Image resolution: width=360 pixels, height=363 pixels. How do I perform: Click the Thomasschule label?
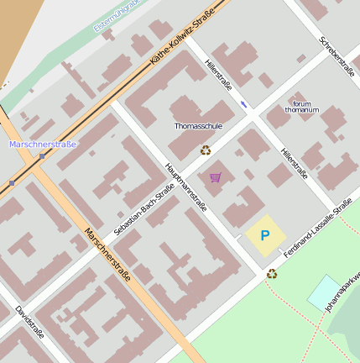coord(198,126)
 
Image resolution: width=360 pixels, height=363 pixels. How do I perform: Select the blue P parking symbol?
coord(265,236)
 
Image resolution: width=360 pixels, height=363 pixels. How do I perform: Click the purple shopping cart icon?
coord(216,177)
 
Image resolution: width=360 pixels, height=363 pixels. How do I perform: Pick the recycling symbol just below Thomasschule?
coord(206,150)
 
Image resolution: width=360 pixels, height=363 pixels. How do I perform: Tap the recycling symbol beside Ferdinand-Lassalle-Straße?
coord(272,273)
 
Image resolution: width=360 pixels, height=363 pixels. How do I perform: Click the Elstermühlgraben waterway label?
coord(117,16)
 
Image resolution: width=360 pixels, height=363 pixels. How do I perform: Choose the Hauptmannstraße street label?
coord(186,187)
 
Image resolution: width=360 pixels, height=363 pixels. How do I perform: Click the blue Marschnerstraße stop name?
coord(43,145)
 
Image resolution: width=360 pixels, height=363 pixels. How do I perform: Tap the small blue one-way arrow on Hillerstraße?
coord(243,104)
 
